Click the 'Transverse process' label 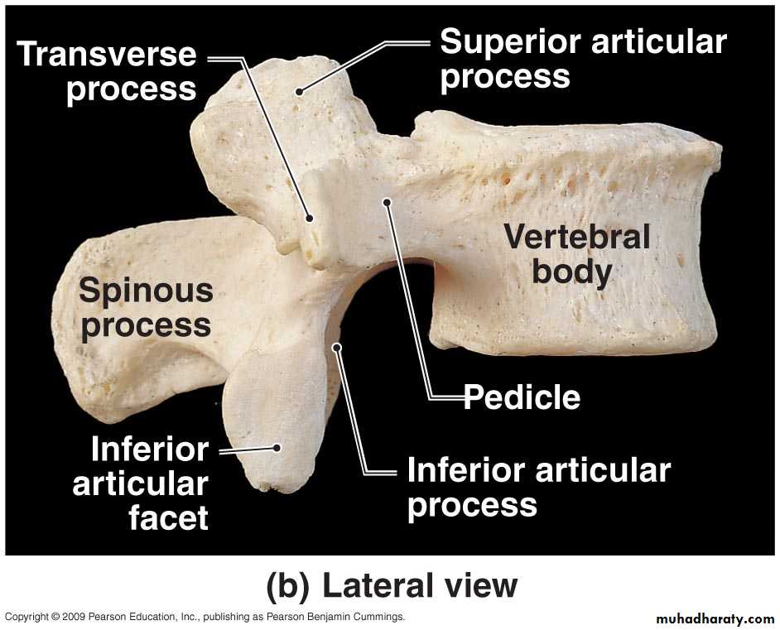(x=107, y=71)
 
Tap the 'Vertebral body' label (x=576, y=254)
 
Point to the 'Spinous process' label (x=146, y=308)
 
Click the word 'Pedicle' (x=522, y=397)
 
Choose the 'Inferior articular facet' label (x=141, y=483)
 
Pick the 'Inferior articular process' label (x=539, y=488)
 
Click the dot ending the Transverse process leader (x=310, y=218)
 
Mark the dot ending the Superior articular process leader (x=299, y=91)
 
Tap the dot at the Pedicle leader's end (x=387, y=202)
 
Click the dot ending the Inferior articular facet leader (x=277, y=448)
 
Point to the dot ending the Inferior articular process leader (x=337, y=347)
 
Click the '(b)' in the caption (x=288, y=586)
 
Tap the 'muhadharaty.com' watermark (x=715, y=619)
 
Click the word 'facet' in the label (x=168, y=517)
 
